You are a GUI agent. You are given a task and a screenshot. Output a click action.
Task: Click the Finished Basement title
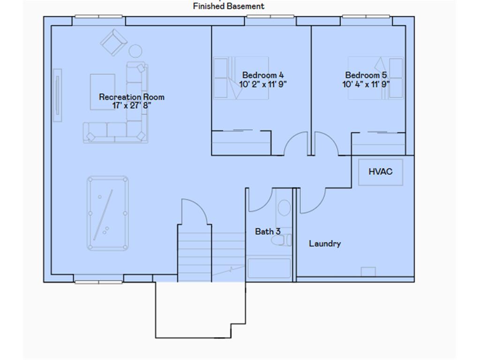pos(228,6)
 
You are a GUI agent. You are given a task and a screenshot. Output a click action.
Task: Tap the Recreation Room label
pos(131,97)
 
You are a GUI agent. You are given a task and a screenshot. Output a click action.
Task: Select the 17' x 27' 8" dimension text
pos(131,106)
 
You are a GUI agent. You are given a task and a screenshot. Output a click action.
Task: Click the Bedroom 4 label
pos(262,75)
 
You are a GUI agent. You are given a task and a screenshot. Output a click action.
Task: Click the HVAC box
pos(380,172)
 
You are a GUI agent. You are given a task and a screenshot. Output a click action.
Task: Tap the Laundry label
pos(324,244)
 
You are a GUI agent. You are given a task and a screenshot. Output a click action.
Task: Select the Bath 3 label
pos(268,231)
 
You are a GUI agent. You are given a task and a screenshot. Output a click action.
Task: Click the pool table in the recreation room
pos(108,213)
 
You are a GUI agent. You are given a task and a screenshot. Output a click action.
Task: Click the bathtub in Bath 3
pos(269,269)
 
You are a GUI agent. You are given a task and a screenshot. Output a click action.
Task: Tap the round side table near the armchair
pos(135,51)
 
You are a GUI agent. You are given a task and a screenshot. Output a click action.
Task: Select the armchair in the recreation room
pos(113,42)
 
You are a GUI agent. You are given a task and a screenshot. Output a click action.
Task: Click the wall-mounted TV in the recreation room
pos(57,95)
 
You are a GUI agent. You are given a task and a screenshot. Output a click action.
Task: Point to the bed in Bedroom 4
pos(241,78)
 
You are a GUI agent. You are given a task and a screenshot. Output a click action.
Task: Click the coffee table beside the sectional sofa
pos(102,92)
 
